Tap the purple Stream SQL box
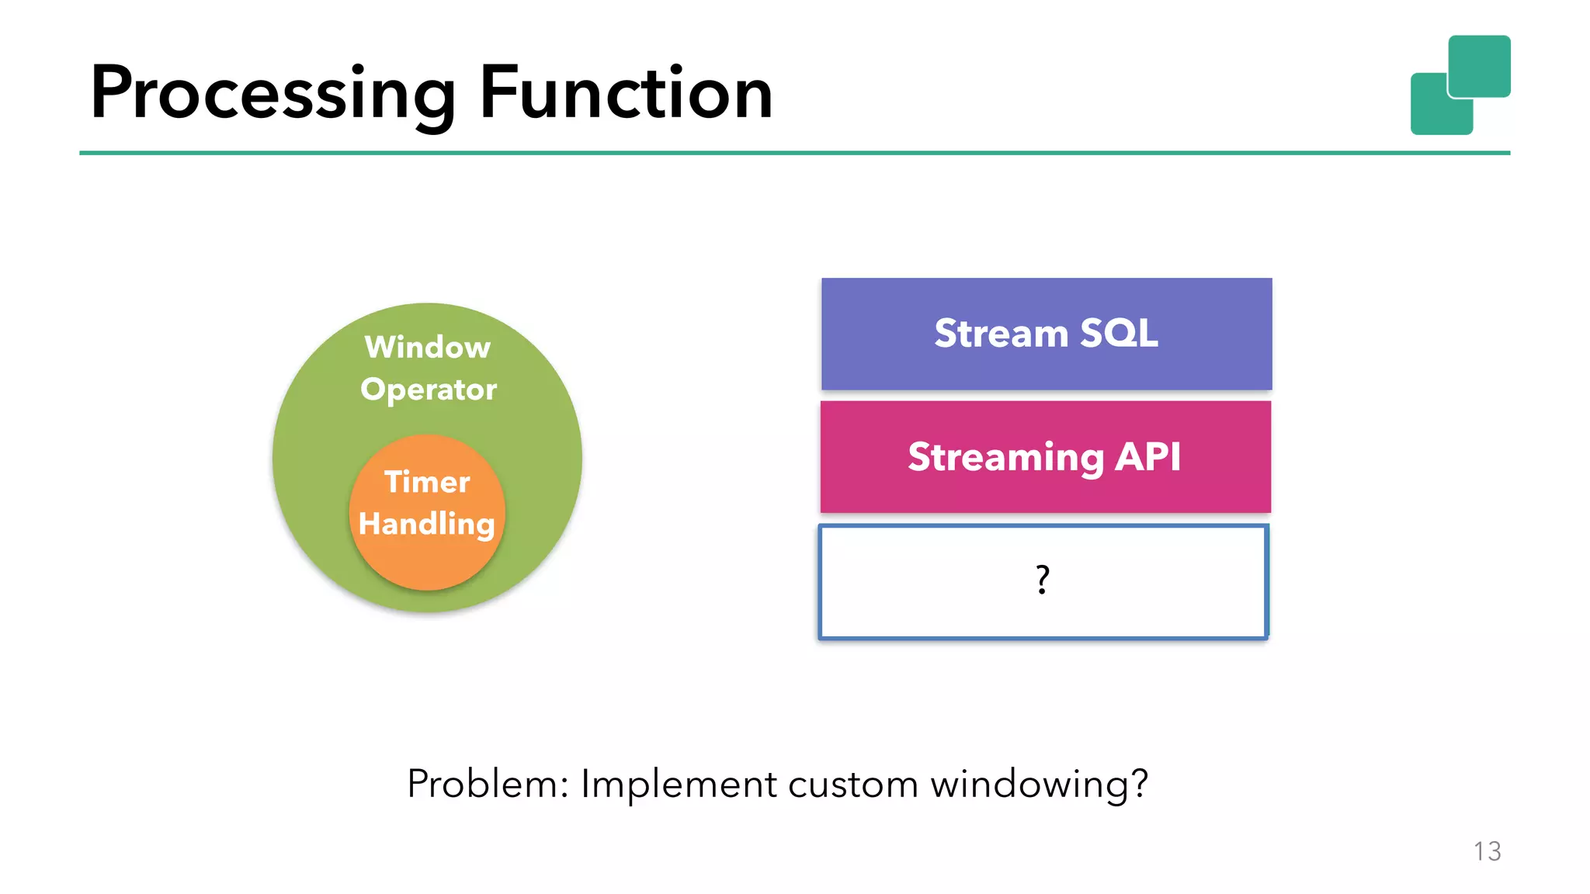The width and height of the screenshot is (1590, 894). click(1046, 334)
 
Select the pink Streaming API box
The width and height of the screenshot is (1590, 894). click(1045, 457)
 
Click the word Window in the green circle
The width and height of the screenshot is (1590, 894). click(428, 347)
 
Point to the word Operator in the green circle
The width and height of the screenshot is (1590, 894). click(429, 390)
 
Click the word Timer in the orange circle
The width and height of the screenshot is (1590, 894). click(427, 482)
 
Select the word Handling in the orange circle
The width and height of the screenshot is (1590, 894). click(427, 524)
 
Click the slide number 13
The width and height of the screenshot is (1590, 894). click(1487, 851)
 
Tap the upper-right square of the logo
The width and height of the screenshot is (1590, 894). click(1479, 66)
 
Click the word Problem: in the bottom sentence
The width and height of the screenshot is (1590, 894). click(488, 784)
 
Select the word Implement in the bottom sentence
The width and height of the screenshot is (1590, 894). click(679, 784)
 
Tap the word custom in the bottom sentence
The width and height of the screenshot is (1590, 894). click(853, 784)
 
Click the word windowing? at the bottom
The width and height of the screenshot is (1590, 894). click(1039, 784)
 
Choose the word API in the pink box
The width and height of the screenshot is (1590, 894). click(1147, 457)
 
